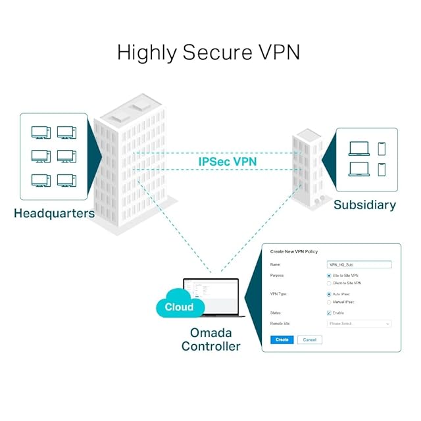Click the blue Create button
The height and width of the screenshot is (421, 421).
point(282,339)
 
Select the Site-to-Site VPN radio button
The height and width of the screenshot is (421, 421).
point(329,275)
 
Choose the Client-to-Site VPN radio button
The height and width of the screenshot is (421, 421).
point(329,283)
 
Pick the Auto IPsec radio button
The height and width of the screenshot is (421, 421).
point(329,294)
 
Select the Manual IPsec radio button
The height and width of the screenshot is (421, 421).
point(329,302)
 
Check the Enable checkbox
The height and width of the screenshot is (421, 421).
point(329,312)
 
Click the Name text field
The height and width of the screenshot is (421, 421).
point(359,264)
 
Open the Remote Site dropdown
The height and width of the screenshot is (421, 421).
point(359,324)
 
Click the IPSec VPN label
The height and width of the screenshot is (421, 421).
point(228,161)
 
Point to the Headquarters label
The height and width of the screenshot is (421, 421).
point(54,214)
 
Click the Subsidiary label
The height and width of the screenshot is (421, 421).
point(364,205)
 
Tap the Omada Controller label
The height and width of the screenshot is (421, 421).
point(210,339)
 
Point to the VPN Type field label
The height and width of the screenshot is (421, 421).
point(280,294)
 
